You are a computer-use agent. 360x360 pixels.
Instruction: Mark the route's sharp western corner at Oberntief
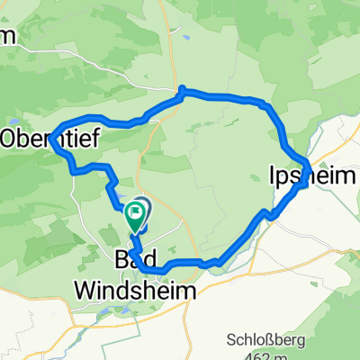[54, 137]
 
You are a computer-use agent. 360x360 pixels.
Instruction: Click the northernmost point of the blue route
[183, 88]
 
